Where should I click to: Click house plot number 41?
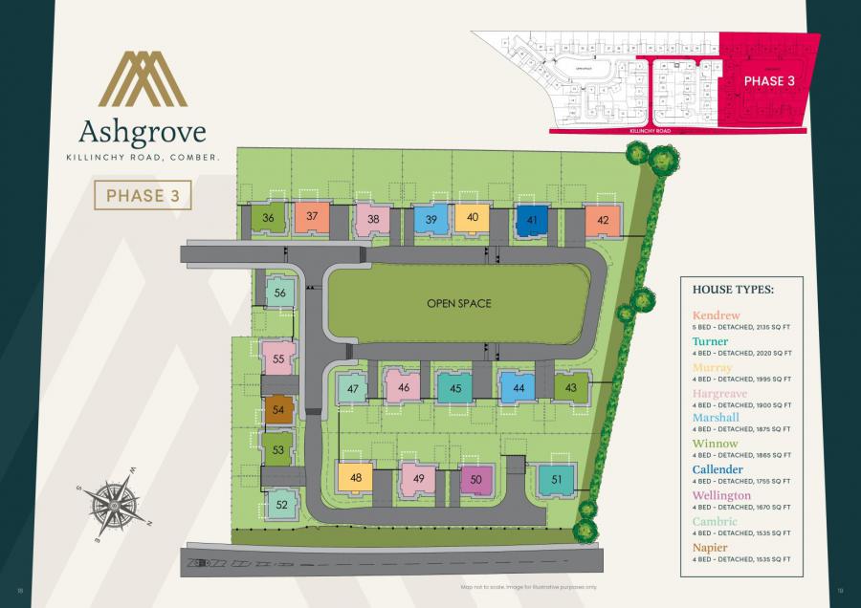coord(532,220)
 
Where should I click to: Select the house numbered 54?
coord(278,410)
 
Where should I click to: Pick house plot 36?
coord(269,218)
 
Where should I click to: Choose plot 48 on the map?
coord(355,478)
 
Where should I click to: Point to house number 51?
coord(556,480)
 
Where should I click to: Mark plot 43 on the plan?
coord(570,387)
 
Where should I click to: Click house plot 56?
coord(279,293)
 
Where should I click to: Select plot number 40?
coord(472,218)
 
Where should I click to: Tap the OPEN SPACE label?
coord(459,304)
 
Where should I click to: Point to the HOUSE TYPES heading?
coord(727,289)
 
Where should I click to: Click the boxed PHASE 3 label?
coord(143,196)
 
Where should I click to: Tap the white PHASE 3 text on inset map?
coord(770,81)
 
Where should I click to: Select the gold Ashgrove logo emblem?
coord(143,78)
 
